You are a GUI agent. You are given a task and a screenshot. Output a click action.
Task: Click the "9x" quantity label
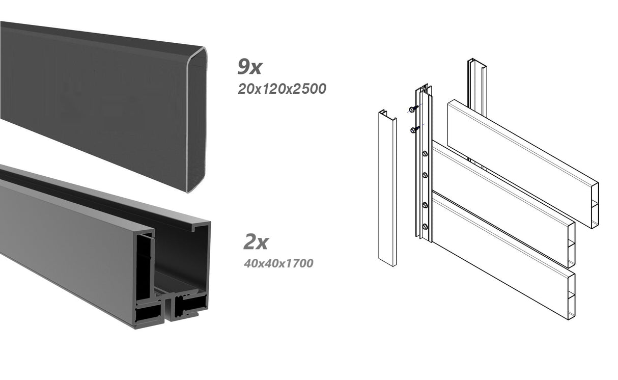tap(249, 67)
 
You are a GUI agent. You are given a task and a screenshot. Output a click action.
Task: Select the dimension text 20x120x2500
tap(282, 89)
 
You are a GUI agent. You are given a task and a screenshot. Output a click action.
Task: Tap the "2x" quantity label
tap(256, 242)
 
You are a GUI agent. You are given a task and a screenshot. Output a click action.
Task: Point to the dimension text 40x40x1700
tap(278, 263)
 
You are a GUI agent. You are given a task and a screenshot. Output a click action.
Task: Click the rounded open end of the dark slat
tap(196, 120)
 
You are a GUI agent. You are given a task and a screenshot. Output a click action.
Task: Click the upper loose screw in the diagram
tap(413, 108)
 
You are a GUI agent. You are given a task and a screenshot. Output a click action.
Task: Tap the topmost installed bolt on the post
tap(425, 154)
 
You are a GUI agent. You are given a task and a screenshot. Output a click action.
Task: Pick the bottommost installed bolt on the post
tap(425, 226)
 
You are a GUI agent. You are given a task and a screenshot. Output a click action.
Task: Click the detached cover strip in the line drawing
tap(387, 188)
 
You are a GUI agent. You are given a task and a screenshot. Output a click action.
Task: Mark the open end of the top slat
tap(594, 205)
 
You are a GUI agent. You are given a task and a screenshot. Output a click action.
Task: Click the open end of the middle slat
tap(571, 245)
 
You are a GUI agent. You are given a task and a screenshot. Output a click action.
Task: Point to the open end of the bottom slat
tap(571, 295)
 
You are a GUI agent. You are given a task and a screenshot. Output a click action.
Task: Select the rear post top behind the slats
tap(477, 64)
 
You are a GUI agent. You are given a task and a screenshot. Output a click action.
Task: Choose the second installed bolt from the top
tap(425, 175)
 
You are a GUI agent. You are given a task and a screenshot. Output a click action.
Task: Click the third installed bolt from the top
tap(425, 205)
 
